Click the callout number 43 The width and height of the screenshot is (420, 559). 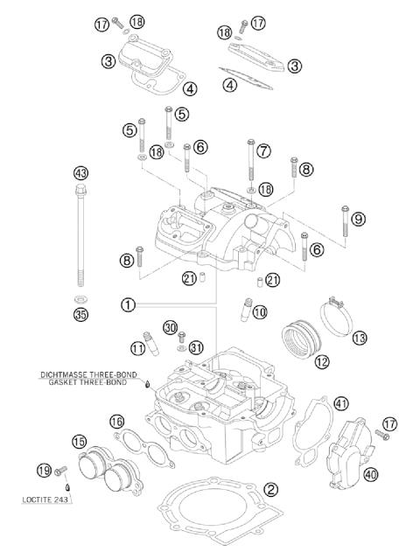81,172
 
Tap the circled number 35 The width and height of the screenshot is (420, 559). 81,314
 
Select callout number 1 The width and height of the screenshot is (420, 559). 128,304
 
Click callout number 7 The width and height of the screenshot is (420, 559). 264,150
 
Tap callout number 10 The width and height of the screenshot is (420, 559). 259,311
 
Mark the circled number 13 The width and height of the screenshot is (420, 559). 360,337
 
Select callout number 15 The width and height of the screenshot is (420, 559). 80,442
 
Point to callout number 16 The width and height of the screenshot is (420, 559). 116,422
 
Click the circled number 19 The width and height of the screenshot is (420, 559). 45,472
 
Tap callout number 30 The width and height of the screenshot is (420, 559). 170,325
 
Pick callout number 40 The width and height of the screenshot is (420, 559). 371,475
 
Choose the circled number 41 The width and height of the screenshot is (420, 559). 341,403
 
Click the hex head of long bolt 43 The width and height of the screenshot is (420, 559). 81,190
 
